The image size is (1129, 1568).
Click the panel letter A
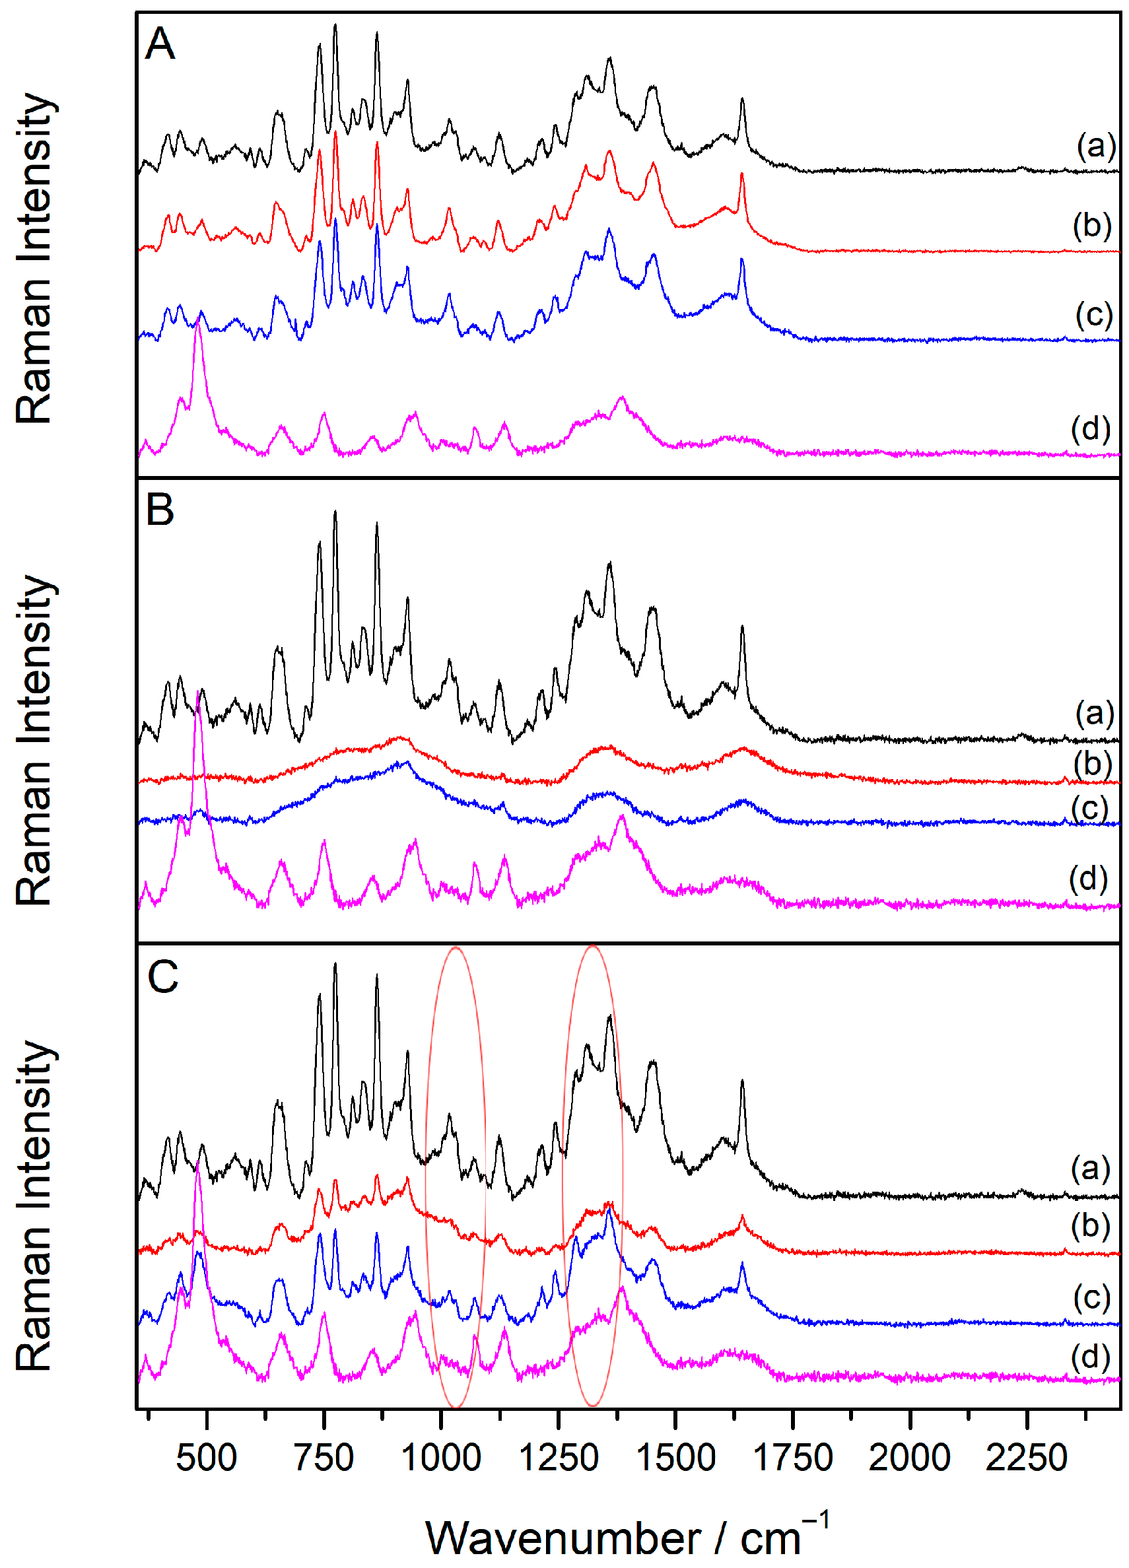160,44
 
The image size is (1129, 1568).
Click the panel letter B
160,511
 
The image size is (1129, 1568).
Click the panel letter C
163,977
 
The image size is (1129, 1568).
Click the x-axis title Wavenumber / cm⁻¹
626,1538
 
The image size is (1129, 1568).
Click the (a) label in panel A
1096,145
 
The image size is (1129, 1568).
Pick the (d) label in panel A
1090,428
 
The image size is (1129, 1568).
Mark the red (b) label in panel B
1093,764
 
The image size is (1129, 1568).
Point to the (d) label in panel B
1088,879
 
